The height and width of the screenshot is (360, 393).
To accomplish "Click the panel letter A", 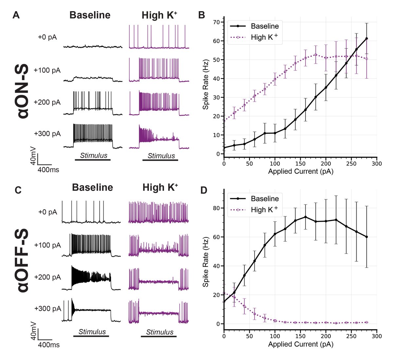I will point(16,15).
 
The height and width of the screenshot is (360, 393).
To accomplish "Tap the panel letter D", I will point(203,190).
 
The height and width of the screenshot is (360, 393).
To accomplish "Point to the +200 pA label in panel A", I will point(47,102).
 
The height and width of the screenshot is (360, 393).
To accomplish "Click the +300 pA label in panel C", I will point(47,309).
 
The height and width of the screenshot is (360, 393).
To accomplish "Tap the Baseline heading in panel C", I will point(92,187).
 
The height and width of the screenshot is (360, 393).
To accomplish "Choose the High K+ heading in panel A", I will point(160,15).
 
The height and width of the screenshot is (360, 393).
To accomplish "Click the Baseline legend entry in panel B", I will point(265,26).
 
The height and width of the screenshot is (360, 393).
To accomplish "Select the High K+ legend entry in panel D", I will point(265,210).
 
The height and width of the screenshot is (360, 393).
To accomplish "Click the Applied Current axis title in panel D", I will point(300,344).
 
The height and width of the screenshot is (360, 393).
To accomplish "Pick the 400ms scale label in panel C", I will point(48,345).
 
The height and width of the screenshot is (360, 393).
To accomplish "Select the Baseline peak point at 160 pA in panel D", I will point(305,217).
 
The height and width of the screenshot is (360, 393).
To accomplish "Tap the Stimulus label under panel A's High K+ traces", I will point(161,156).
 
